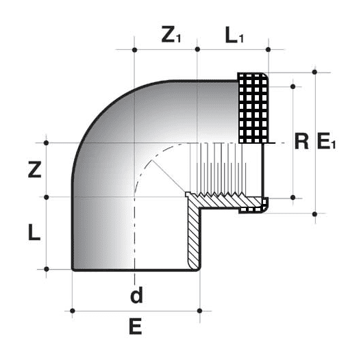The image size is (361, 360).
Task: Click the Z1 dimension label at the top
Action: point(171,36)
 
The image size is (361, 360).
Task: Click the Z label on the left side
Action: point(34,169)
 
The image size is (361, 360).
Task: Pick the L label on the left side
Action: point(34,233)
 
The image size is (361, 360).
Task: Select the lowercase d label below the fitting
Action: point(136,296)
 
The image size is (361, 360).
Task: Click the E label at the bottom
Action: point(136,328)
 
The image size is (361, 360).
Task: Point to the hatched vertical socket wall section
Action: point(193,236)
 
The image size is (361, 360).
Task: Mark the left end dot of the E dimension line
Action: point(73,311)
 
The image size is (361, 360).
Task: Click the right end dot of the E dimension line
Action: point(199,311)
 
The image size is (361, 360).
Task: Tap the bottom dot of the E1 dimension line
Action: point(314,214)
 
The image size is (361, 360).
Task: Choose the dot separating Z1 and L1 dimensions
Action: point(197,50)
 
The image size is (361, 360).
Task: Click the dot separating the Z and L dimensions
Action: point(47,197)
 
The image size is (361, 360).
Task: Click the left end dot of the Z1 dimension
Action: point(135,50)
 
